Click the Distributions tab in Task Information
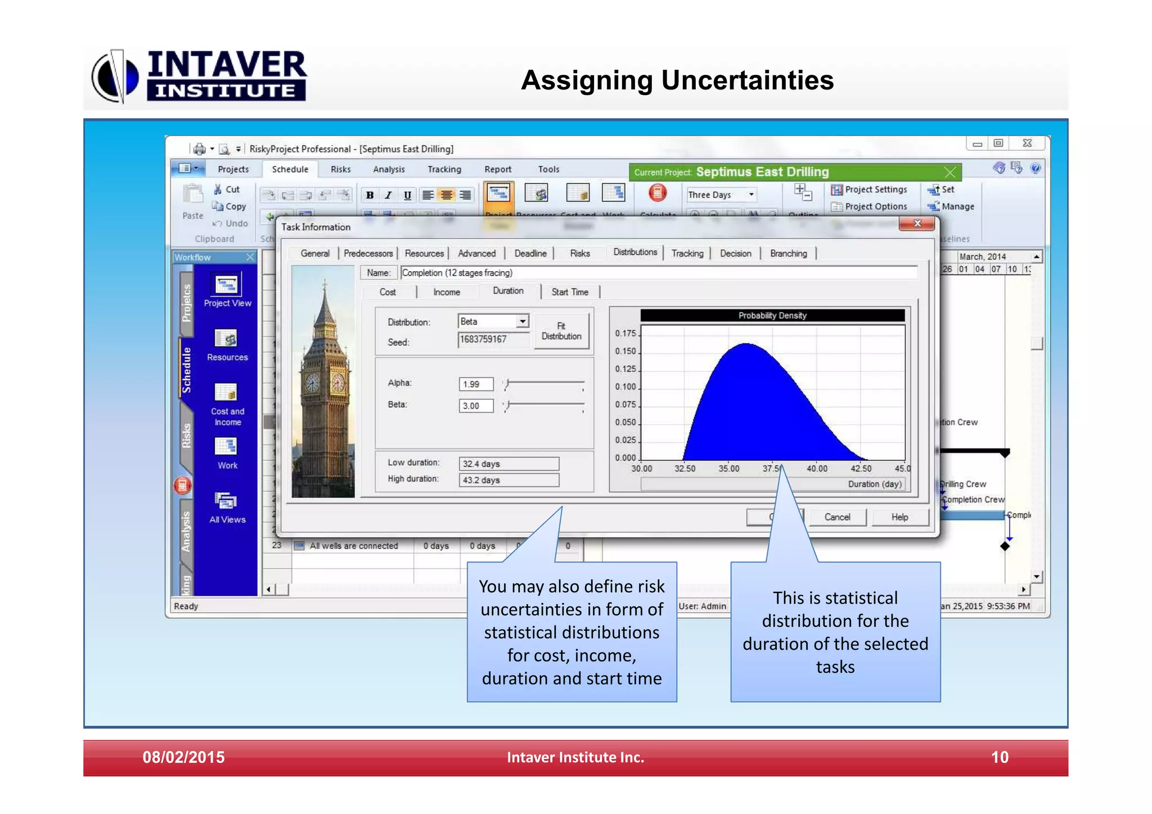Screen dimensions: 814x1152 click(634, 253)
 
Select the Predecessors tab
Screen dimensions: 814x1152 click(368, 254)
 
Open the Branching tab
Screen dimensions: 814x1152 click(788, 254)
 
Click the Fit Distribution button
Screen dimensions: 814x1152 click(561, 331)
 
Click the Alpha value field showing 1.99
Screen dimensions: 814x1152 click(476, 384)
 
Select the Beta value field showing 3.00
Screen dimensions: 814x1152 click(476, 406)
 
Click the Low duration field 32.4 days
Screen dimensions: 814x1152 click(508, 464)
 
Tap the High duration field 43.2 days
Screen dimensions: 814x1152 click(508, 480)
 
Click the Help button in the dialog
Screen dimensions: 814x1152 click(899, 517)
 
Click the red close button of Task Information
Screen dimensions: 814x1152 click(917, 224)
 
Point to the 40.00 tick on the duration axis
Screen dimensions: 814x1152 click(817, 469)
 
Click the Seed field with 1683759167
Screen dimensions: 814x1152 click(493, 340)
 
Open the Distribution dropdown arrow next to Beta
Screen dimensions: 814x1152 click(523, 321)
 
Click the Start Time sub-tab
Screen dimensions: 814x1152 click(569, 292)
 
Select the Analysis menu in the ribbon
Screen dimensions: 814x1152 click(389, 169)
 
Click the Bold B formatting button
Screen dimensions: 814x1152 click(370, 195)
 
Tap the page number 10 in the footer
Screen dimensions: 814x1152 click(999, 757)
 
